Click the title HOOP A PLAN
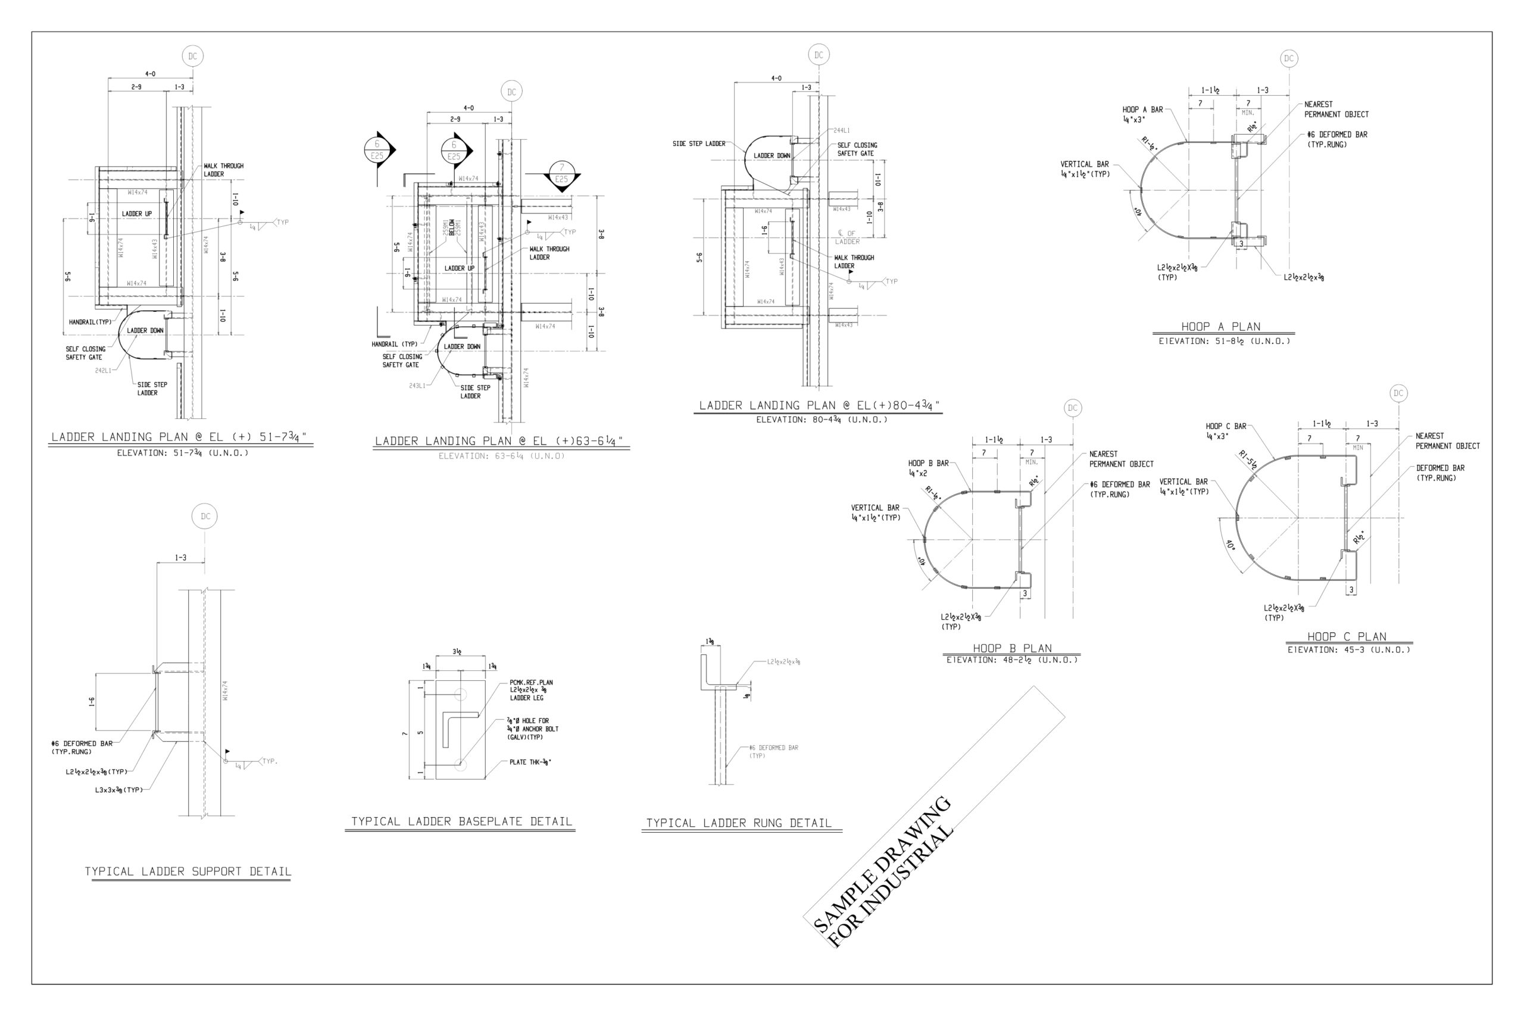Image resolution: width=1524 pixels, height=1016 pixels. tap(1220, 327)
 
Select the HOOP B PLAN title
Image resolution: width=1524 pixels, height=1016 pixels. tap(1012, 648)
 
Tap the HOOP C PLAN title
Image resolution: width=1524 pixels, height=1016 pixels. tap(1347, 636)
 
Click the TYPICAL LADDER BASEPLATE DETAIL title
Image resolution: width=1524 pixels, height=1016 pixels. tap(461, 821)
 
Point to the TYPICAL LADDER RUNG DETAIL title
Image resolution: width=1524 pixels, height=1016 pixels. tap(739, 823)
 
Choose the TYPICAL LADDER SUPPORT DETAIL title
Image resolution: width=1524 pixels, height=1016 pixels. tap(188, 871)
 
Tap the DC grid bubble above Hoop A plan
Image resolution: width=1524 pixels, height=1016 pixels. tap(1289, 58)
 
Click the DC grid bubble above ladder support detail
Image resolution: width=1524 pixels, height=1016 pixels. tap(205, 517)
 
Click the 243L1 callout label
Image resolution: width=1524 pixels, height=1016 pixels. tap(417, 386)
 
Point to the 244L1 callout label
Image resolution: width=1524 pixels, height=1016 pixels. tap(842, 130)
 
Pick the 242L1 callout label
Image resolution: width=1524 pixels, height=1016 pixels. tap(103, 371)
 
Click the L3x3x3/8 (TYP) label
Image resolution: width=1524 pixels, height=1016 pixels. tap(118, 789)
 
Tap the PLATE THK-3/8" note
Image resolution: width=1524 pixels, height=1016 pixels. tap(530, 762)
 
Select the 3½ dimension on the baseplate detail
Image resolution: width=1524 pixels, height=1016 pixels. tap(457, 652)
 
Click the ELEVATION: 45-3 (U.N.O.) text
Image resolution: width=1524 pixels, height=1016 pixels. tap(1348, 650)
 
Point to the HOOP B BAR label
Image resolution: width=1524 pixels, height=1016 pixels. tap(928, 463)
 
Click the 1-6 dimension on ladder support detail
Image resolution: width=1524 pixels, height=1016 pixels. tap(93, 702)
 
